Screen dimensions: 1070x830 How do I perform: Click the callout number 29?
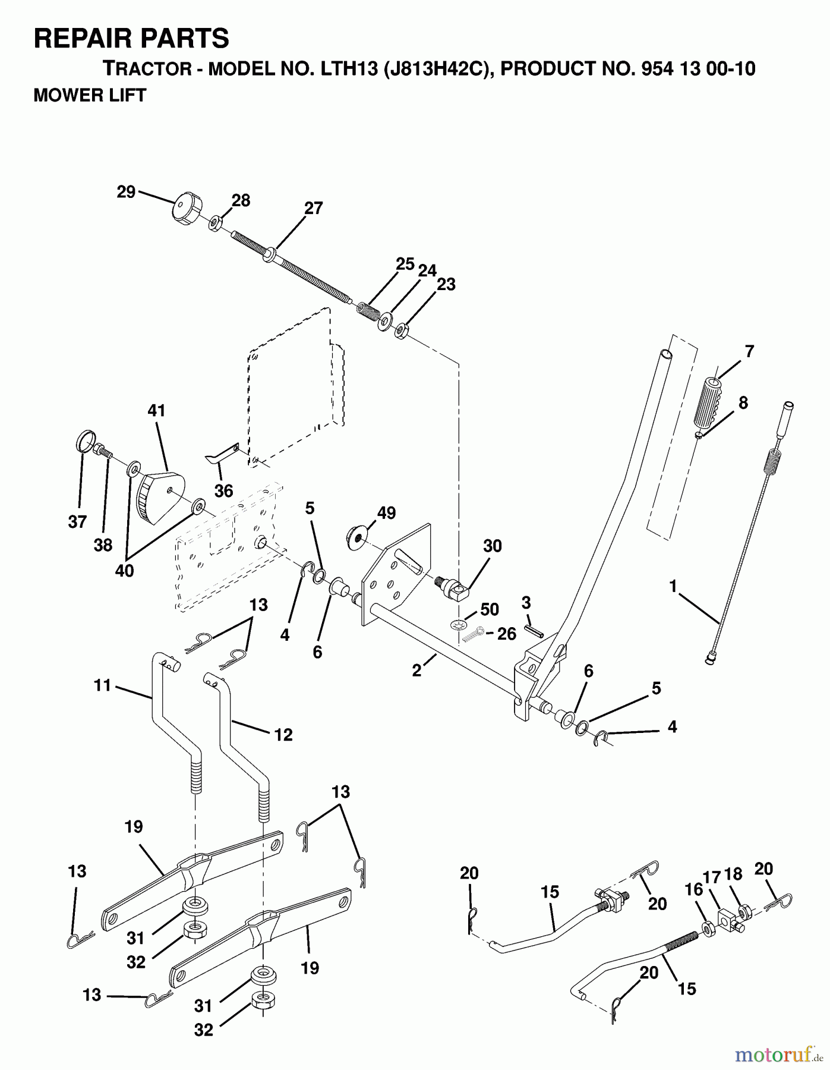[126, 192]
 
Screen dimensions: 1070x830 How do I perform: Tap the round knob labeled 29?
[185, 209]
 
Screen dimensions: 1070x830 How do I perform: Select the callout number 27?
[313, 208]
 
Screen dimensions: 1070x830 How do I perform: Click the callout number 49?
[386, 512]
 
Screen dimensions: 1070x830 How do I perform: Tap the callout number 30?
[493, 546]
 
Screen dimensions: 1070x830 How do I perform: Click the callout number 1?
[673, 586]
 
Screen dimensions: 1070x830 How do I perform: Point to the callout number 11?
[102, 685]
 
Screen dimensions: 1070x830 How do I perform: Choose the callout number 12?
[283, 735]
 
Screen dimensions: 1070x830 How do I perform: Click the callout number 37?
[77, 521]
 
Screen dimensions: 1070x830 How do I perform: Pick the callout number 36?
[223, 490]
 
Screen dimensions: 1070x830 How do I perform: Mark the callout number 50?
[490, 609]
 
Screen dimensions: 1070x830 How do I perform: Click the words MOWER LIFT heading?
[90, 95]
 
